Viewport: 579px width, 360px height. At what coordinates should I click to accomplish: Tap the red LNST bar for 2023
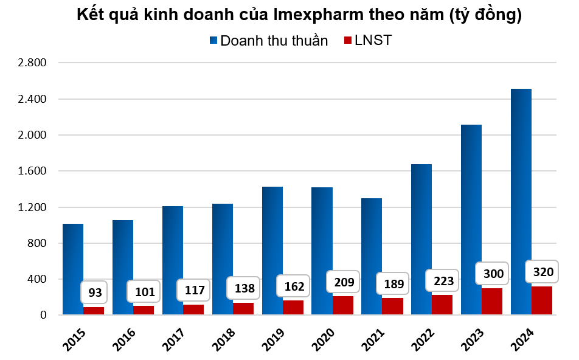[x=492, y=302]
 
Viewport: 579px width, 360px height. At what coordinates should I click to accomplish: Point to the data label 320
[x=543, y=271]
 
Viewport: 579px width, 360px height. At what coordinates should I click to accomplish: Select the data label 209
[x=343, y=282]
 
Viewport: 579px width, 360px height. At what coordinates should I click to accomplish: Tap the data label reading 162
[x=294, y=286]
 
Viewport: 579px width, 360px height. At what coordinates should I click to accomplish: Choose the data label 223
[x=443, y=280]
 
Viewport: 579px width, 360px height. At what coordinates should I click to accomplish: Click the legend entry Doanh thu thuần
[x=274, y=41]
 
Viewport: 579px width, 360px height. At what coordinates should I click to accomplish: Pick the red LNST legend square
[x=348, y=41]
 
